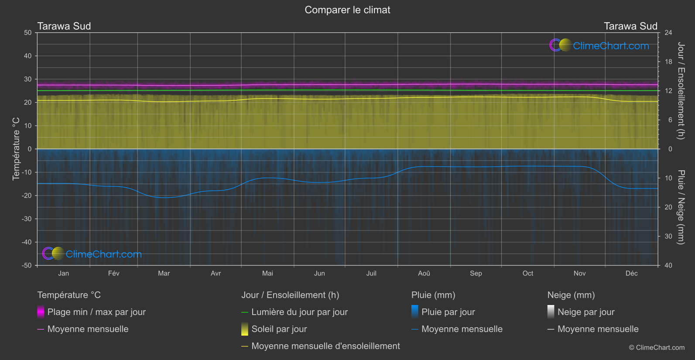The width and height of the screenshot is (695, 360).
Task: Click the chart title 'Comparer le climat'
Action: click(x=347, y=10)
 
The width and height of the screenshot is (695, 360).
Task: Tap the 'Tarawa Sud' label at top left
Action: click(x=64, y=26)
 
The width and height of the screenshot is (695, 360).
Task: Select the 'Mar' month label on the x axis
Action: click(x=164, y=273)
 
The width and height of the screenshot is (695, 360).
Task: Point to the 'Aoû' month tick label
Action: click(x=424, y=273)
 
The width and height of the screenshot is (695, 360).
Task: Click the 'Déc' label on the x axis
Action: click(x=631, y=273)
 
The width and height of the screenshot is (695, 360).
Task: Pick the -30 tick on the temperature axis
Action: click(x=27, y=219)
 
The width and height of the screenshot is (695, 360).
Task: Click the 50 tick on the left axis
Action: click(x=28, y=33)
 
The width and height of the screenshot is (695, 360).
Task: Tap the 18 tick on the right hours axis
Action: click(x=668, y=62)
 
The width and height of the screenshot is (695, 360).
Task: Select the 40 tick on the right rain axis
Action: click(x=668, y=265)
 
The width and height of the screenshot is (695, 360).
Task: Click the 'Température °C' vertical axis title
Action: click(x=16, y=149)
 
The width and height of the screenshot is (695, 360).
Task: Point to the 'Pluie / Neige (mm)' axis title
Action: click(x=681, y=207)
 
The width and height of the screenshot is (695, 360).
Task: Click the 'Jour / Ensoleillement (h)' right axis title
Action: click(x=681, y=91)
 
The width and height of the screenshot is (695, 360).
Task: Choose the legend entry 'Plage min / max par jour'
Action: click(x=96, y=312)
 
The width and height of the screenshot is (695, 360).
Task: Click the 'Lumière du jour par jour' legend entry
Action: click(x=299, y=312)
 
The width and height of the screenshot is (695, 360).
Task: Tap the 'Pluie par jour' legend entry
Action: click(x=448, y=312)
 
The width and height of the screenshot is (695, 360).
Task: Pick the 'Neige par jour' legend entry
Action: click(x=586, y=312)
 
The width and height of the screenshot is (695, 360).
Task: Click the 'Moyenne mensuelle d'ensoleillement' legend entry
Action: click(x=325, y=346)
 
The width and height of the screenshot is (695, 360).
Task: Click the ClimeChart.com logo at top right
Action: click(x=599, y=45)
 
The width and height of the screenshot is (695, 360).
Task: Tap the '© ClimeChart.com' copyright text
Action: click(x=657, y=348)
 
